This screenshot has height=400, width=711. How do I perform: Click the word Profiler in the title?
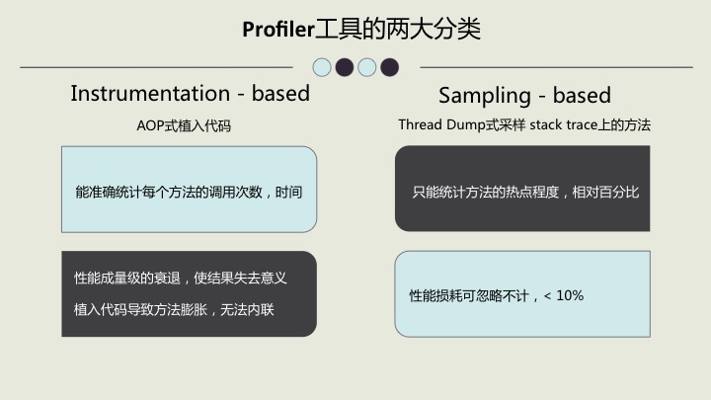(278, 30)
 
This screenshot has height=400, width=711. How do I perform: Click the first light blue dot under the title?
(322, 67)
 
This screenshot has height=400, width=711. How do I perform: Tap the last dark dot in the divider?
(389, 67)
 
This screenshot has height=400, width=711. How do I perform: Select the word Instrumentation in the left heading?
(150, 94)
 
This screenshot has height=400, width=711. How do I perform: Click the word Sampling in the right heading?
(485, 96)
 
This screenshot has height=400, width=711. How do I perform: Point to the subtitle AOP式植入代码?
(184, 125)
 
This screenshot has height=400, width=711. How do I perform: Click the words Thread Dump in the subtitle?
(442, 124)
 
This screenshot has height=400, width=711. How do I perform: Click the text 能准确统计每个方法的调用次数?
(169, 193)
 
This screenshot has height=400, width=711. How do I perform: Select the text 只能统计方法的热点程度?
(486, 193)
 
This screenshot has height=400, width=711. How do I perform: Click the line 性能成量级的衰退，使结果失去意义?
(181, 278)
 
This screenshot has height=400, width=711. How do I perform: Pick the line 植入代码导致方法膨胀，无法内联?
(174, 310)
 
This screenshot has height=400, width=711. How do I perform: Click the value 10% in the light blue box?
(570, 295)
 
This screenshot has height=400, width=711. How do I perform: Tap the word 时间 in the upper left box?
(288, 193)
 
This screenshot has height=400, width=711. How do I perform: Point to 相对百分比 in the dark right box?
(605, 193)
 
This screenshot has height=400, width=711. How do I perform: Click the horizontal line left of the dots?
(156, 67)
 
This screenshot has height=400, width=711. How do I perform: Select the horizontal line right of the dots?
(556, 67)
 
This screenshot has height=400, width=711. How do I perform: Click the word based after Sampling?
(582, 95)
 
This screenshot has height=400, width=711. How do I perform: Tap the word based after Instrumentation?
(280, 94)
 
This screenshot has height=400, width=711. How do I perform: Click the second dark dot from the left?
(389, 67)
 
